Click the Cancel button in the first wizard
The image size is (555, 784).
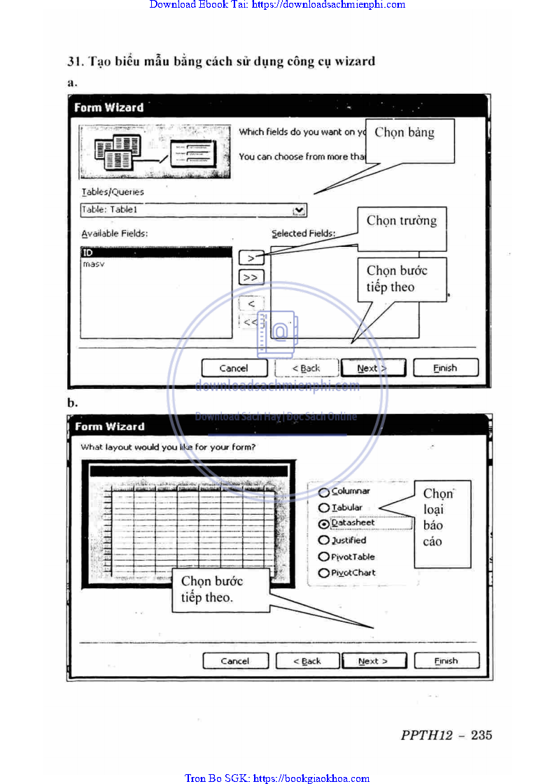(234, 368)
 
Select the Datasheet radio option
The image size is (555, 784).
(324, 523)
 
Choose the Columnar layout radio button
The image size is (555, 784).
(324, 492)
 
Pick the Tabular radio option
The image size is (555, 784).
(324, 508)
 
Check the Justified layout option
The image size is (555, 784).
(324, 541)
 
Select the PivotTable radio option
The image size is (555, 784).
(324, 557)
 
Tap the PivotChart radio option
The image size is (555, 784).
(324, 573)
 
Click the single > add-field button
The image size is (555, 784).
(251, 258)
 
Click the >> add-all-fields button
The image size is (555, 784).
(251, 278)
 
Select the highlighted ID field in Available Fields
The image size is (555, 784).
(155, 252)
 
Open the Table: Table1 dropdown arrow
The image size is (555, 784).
(300, 210)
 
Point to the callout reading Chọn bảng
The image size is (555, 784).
(405, 133)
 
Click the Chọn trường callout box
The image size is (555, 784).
(402, 222)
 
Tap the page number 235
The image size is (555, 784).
(482, 735)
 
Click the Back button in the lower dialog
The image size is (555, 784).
(307, 661)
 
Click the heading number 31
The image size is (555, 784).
(74, 61)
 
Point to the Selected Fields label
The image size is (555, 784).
(304, 234)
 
